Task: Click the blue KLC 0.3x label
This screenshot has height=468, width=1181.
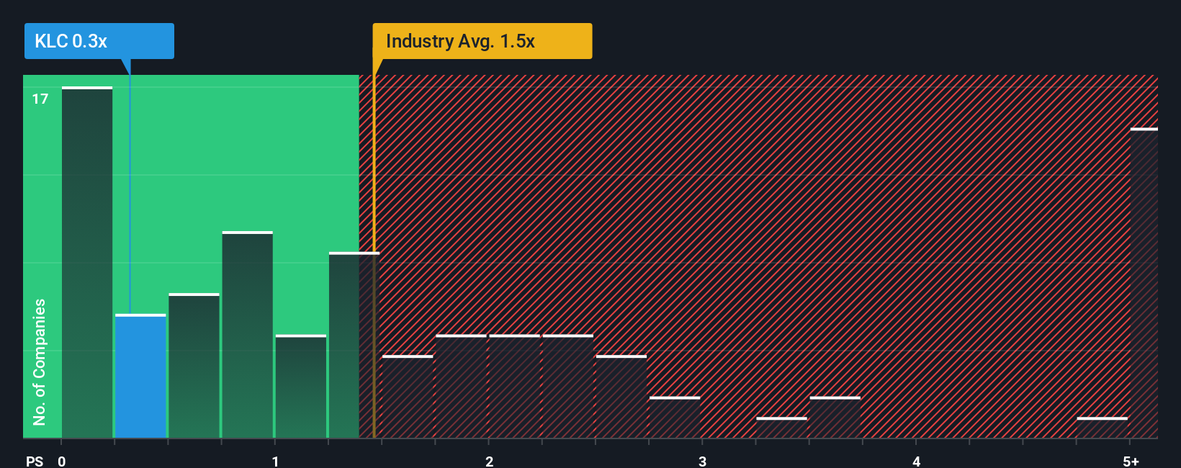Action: [99, 41]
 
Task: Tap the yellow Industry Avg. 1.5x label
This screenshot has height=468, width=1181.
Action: [482, 41]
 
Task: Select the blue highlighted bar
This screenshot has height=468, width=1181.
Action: [140, 376]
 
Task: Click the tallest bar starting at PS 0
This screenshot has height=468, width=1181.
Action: [87, 263]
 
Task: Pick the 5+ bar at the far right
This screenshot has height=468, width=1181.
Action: [1144, 284]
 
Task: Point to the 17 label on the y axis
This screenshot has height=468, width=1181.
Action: [40, 99]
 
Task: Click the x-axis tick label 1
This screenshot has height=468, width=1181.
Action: [275, 462]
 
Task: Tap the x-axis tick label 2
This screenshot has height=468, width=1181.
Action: [489, 462]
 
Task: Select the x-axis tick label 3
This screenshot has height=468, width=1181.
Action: [702, 462]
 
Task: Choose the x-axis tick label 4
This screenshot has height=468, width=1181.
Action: [916, 462]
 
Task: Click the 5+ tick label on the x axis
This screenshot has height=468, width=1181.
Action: [1131, 462]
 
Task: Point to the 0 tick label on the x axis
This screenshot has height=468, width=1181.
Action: [62, 462]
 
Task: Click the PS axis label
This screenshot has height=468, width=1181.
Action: [35, 462]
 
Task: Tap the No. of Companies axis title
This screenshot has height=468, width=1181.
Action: [40, 361]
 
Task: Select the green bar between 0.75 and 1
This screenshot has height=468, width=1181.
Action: [247, 335]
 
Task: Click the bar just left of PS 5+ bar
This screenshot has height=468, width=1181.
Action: [1102, 428]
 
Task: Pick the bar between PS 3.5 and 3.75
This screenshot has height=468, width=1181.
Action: [835, 418]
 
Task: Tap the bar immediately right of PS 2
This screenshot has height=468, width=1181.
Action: [514, 387]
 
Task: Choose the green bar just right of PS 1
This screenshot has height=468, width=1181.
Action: [300, 387]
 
